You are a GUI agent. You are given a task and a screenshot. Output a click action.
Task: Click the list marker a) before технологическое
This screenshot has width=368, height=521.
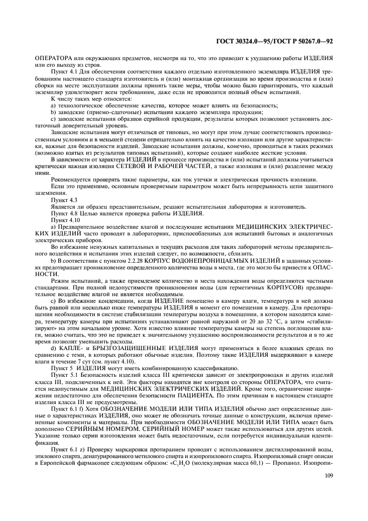pos(53,106)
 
